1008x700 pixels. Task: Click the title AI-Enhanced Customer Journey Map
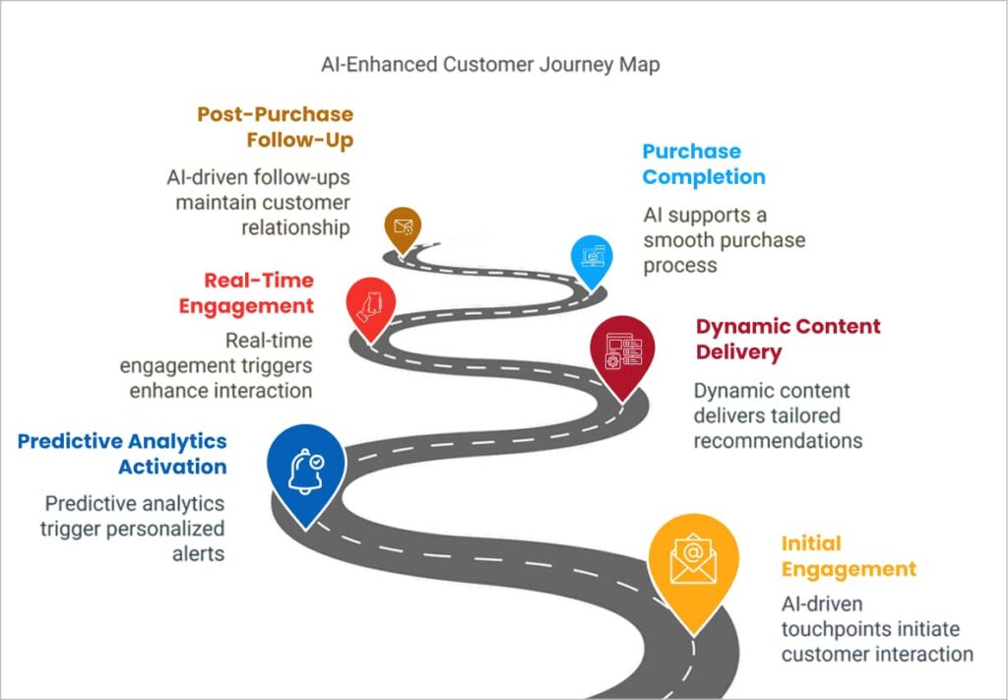pos(490,65)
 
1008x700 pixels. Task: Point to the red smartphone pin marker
pos(371,304)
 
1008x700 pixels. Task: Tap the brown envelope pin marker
pos(402,228)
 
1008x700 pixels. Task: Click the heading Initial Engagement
pos(849,556)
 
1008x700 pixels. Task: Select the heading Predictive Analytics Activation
pos(122,453)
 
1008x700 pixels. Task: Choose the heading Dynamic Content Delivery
pos(787,339)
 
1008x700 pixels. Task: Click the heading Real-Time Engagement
pos(246,292)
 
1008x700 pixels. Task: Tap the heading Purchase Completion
pos(703,164)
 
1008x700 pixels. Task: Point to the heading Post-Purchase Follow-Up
pos(275,127)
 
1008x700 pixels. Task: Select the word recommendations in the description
pos(778,441)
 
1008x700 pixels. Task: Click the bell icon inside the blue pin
pos(306,471)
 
